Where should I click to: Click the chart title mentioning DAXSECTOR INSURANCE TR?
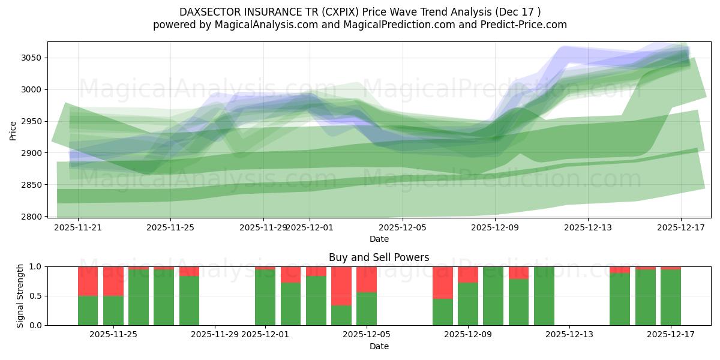[360, 12]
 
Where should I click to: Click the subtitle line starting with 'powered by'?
[360, 25]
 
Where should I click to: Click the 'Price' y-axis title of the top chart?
[13, 130]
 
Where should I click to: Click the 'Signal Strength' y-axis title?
[20, 296]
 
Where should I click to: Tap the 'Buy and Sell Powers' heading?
[379, 257]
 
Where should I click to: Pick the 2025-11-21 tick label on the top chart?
[78, 228]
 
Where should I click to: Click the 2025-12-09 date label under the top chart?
[495, 228]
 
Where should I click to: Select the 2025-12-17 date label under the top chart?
[680, 228]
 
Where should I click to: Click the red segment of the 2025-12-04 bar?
[341, 286]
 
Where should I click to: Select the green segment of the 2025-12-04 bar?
[341, 315]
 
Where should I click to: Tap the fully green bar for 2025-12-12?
[544, 296]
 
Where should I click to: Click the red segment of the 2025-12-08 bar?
[443, 282]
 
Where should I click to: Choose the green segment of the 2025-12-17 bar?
[671, 298]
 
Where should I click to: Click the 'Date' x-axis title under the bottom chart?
[379, 346]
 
